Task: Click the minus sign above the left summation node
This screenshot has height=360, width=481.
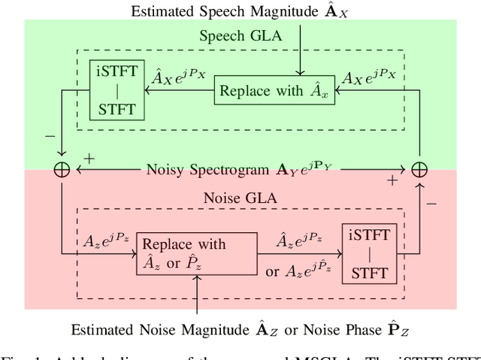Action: (50, 138)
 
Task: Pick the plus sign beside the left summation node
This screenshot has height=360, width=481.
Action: (88, 159)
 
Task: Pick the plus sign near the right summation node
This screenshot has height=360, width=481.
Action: (392, 181)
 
